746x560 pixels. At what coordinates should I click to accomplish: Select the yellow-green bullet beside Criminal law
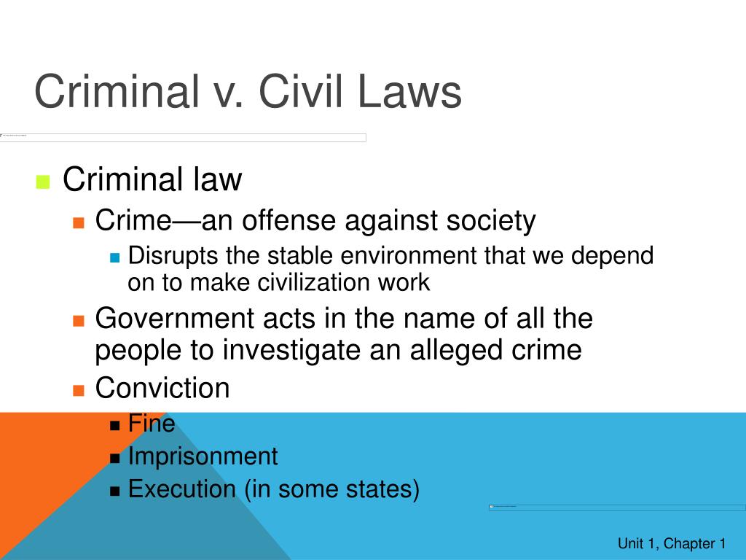(42, 182)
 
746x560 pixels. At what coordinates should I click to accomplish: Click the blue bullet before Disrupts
(114, 257)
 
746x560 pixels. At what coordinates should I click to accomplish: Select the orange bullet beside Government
(79, 320)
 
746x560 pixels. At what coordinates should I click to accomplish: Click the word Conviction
(162, 388)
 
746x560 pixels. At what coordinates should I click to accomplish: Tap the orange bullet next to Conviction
(79, 389)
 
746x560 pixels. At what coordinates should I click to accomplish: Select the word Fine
(152, 423)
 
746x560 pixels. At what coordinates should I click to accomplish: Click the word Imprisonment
(203, 456)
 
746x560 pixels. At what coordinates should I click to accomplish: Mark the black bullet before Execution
(114, 491)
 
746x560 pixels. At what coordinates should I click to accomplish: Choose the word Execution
(181, 489)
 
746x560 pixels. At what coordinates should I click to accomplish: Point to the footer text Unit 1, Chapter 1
(671, 543)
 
